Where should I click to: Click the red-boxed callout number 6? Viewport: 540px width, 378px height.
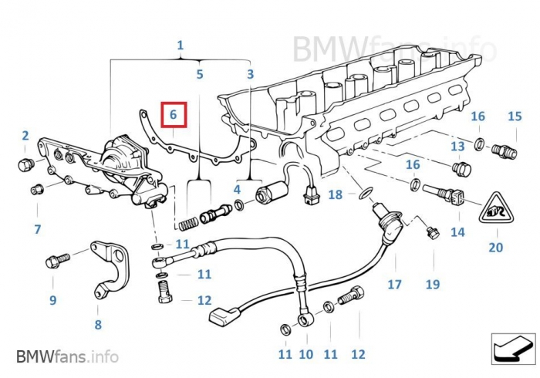coord(174,115)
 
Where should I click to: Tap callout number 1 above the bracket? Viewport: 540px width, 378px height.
coord(180,46)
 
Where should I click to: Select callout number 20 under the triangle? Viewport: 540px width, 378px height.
coord(495,248)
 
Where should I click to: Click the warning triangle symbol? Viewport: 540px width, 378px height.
coord(495,209)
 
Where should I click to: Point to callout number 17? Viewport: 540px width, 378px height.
coord(394,285)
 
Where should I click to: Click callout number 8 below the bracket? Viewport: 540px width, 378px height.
coord(98,325)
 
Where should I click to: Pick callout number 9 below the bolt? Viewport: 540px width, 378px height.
coord(53,300)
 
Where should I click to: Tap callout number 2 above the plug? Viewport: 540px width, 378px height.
coord(25,137)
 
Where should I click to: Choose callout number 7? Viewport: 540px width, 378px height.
coord(36,229)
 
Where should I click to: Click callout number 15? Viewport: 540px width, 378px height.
coord(515,116)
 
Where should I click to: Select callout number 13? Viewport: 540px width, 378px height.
coord(457,147)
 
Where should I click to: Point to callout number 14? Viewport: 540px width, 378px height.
coord(457,231)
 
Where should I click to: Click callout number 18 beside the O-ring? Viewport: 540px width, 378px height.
coord(335,195)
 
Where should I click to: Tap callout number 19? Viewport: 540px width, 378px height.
coord(431,285)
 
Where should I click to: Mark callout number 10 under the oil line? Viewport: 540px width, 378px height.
coord(306,354)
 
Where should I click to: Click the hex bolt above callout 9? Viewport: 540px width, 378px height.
coord(56,260)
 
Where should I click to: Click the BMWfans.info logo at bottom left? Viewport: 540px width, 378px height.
coord(68,356)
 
